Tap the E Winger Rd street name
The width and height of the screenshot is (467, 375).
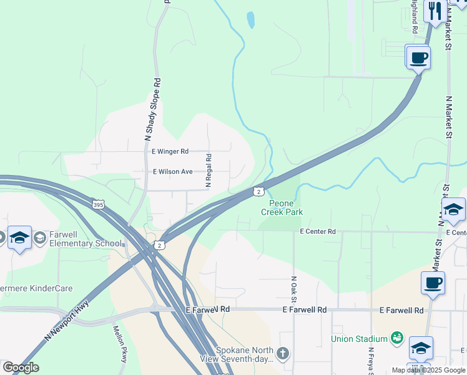170,151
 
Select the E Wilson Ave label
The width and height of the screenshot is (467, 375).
173,171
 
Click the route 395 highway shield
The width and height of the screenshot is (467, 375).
97,204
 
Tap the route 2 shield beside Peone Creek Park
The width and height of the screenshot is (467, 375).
257,191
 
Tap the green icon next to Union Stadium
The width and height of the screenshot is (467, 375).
396,338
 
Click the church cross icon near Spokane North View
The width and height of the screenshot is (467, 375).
282,354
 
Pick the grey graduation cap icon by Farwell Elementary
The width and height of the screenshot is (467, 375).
40,237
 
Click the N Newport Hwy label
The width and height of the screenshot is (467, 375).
67,321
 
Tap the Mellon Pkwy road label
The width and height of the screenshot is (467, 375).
120,344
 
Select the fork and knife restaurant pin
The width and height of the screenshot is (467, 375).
435,11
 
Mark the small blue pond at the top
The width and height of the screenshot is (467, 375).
250,20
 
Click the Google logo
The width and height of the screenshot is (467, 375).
21,367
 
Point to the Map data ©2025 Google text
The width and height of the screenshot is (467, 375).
428,370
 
